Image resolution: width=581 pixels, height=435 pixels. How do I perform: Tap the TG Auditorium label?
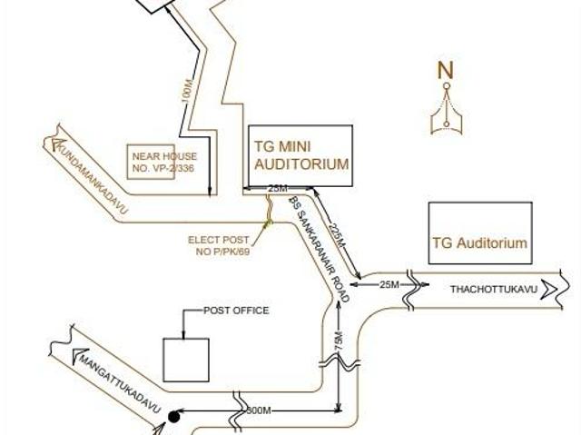click(x=479, y=243)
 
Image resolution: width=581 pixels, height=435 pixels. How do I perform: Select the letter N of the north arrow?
click(x=445, y=70)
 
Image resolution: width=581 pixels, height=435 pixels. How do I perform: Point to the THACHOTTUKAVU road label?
click(x=494, y=289)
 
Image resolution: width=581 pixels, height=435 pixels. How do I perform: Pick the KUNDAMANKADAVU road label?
click(x=92, y=176)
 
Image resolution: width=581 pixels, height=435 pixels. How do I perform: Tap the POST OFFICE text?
click(x=236, y=311)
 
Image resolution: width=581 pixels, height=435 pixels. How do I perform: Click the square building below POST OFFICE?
click(x=185, y=359)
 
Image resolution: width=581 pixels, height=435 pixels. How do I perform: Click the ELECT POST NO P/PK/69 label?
click(x=219, y=245)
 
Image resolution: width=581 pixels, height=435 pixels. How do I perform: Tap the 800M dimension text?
click(x=259, y=411)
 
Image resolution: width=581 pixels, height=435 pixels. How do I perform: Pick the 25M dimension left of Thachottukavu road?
click(x=389, y=284)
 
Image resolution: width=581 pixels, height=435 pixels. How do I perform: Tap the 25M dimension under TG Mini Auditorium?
click(x=279, y=188)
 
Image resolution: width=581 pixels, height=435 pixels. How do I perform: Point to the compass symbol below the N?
click(x=445, y=114)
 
